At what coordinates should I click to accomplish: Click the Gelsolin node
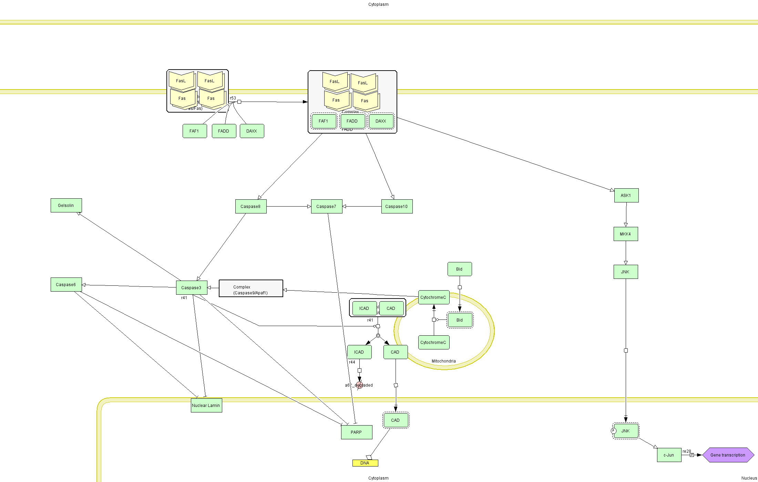[66, 206]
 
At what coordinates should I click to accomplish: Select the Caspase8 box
[251, 207]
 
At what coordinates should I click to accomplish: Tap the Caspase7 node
[327, 207]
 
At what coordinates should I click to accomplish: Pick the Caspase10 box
[397, 207]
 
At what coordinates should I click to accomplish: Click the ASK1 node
[626, 196]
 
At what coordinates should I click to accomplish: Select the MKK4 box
[626, 234]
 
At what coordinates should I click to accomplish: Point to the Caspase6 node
[66, 285]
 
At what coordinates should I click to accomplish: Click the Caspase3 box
[192, 288]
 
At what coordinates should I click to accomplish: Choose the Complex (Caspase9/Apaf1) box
[251, 289]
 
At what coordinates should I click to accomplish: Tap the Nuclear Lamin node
[206, 406]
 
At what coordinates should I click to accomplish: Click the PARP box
[357, 432]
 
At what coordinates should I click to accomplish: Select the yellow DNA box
[365, 463]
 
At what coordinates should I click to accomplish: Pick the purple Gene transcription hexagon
[728, 455]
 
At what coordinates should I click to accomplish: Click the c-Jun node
[669, 455]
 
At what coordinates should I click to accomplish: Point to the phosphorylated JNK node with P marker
[626, 431]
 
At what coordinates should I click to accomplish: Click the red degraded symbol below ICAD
[359, 385]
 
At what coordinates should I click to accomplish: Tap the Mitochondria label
[444, 361]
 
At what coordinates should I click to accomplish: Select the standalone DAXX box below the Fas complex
[252, 131]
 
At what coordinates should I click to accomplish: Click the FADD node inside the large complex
[352, 121]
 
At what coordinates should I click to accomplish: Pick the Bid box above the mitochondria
[460, 269]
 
